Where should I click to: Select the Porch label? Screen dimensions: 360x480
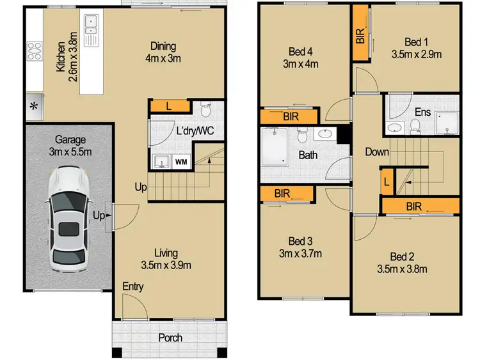[170, 338]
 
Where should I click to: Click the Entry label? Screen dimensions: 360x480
[134, 286]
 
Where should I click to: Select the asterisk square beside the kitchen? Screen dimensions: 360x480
[33, 106]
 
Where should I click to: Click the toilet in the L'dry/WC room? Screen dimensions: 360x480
[205, 110]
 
